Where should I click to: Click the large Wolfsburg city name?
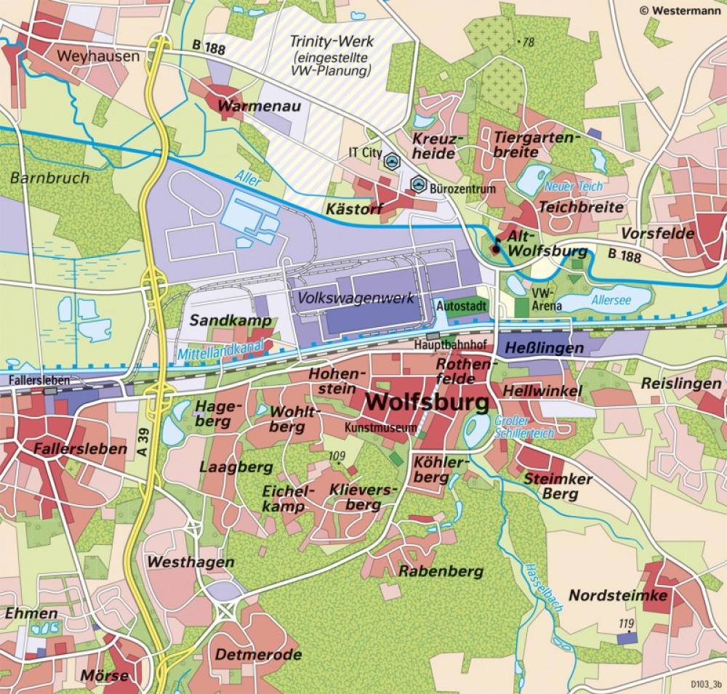tap(422, 402)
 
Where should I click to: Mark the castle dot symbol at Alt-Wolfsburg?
tap(496, 249)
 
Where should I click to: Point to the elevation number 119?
tap(626, 624)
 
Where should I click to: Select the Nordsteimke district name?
tap(617, 596)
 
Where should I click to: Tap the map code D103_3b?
tap(704, 684)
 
